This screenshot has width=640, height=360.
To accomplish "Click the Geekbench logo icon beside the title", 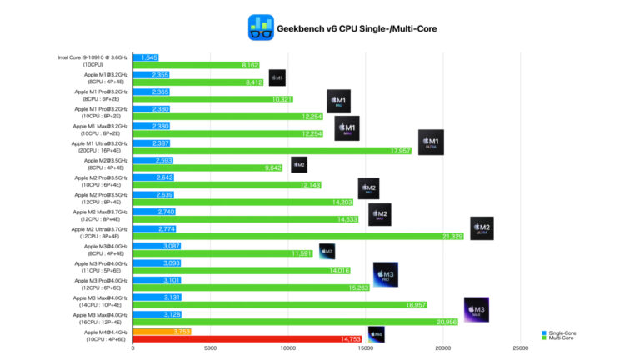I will (261, 28).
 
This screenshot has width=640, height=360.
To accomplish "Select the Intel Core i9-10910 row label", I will (92, 61).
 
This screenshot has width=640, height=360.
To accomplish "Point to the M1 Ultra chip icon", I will (431, 143).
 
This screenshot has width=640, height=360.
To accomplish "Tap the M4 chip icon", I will (377, 335).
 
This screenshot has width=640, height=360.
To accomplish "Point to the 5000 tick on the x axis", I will (211, 349).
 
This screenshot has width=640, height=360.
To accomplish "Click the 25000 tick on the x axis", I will (521, 349).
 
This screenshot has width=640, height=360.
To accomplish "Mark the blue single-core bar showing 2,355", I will (151, 75).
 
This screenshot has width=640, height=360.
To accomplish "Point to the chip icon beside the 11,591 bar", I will (327, 250).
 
